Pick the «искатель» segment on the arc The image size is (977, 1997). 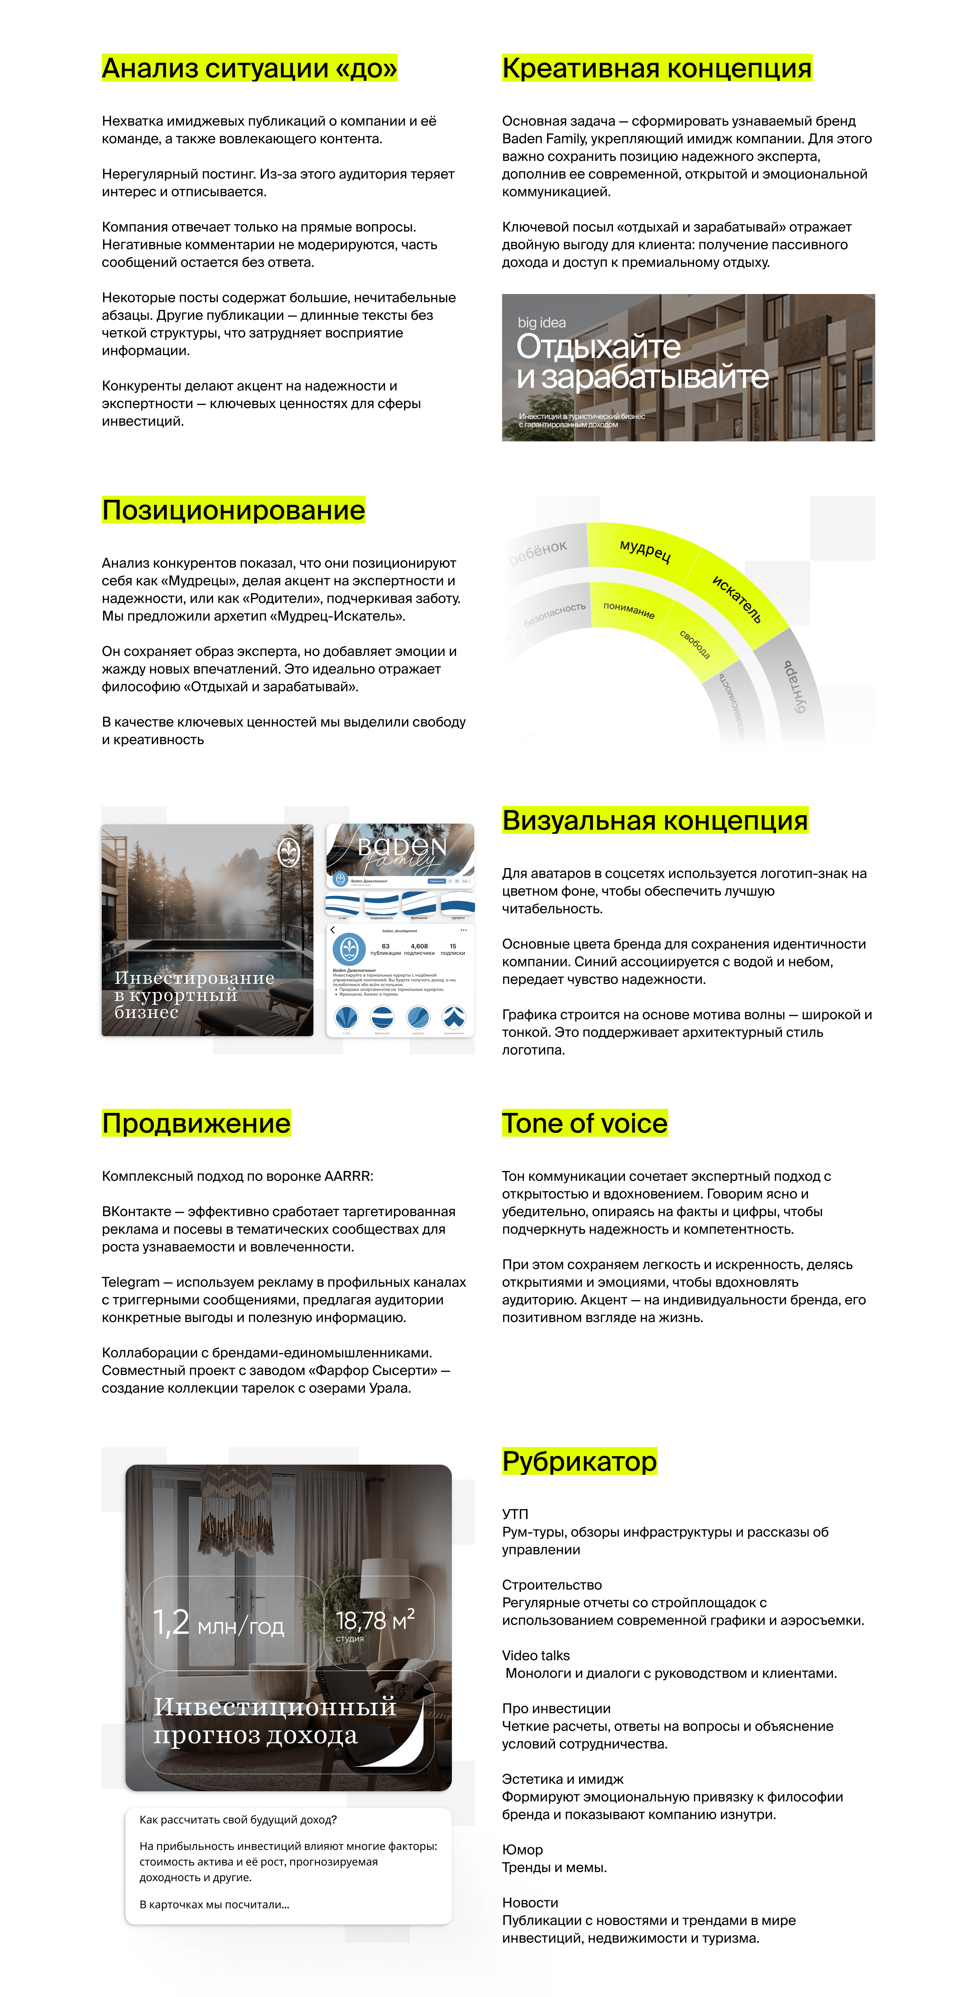tap(737, 599)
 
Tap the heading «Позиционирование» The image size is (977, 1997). tap(233, 510)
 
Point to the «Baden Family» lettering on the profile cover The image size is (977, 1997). tap(401, 850)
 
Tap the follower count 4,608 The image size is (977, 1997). tap(419, 946)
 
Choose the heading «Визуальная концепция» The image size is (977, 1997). tap(655, 820)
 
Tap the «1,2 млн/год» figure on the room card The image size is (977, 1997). tap(218, 1623)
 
